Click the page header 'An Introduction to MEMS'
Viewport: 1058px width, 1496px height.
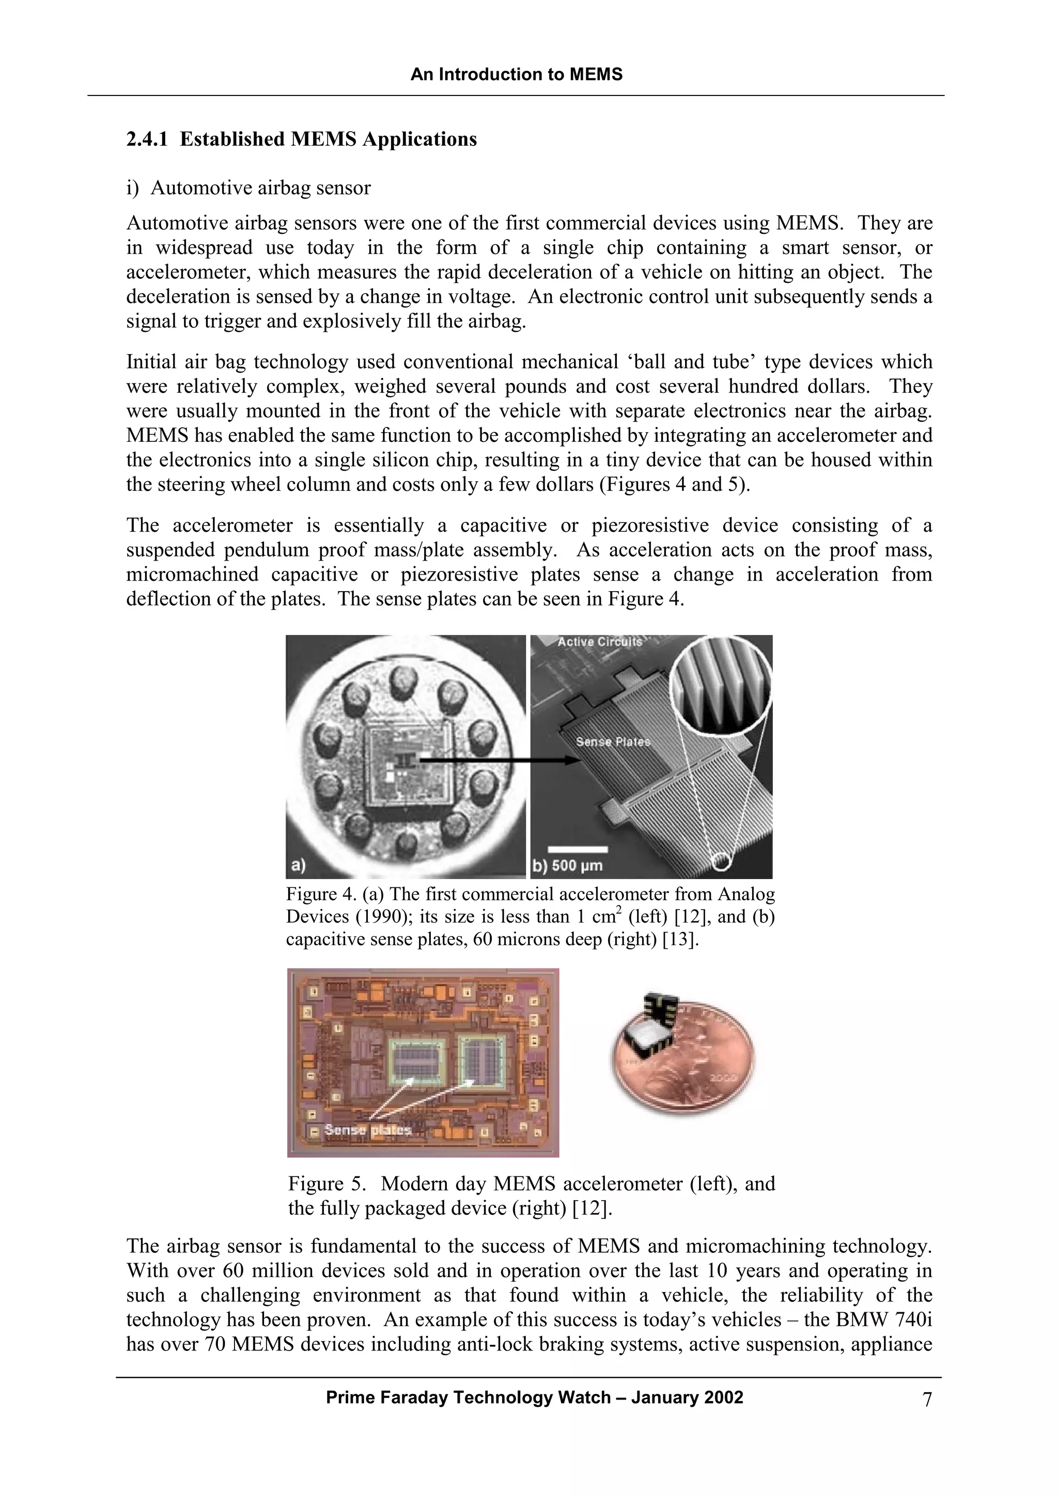pyautogui.click(x=516, y=74)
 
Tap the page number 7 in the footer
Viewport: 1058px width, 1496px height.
pyautogui.click(x=927, y=1399)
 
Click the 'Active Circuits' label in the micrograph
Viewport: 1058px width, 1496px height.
pyautogui.click(x=599, y=642)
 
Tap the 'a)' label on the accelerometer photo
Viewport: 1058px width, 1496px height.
pyautogui.click(x=298, y=865)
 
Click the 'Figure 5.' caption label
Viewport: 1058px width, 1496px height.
pyautogui.click(x=326, y=1183)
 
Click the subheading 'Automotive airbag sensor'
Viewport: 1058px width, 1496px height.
pyautogui.click(x=261, y=188)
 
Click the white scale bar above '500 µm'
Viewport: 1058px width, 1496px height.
pyautogui.click(x=578, y=849)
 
